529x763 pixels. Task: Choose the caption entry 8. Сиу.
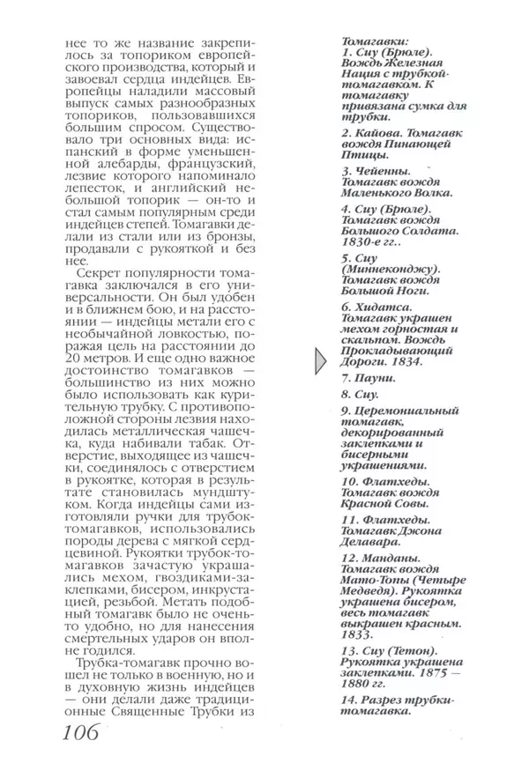[361, 396]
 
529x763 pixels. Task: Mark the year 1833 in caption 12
[358, 634]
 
